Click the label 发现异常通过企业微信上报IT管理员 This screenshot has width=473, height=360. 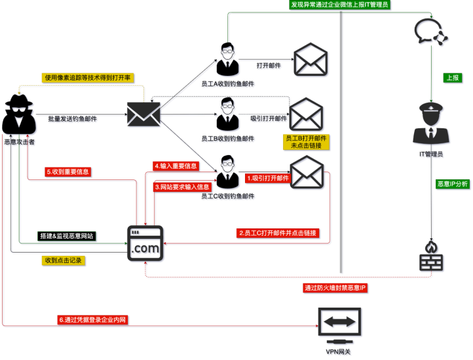(341, 5)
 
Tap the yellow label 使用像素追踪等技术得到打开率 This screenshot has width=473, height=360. (88, 78)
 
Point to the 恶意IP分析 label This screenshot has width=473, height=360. (452, 185)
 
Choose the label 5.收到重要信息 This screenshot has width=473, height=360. (68, 172)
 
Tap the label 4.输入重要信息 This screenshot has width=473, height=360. (176, 166)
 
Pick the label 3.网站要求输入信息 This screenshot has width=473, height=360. (181, 187)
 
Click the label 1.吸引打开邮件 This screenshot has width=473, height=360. (267, 178)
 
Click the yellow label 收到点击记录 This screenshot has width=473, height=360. (64, 260)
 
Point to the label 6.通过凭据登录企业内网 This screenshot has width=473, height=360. (92, 320)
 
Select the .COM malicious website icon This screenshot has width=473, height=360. (145, 243)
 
